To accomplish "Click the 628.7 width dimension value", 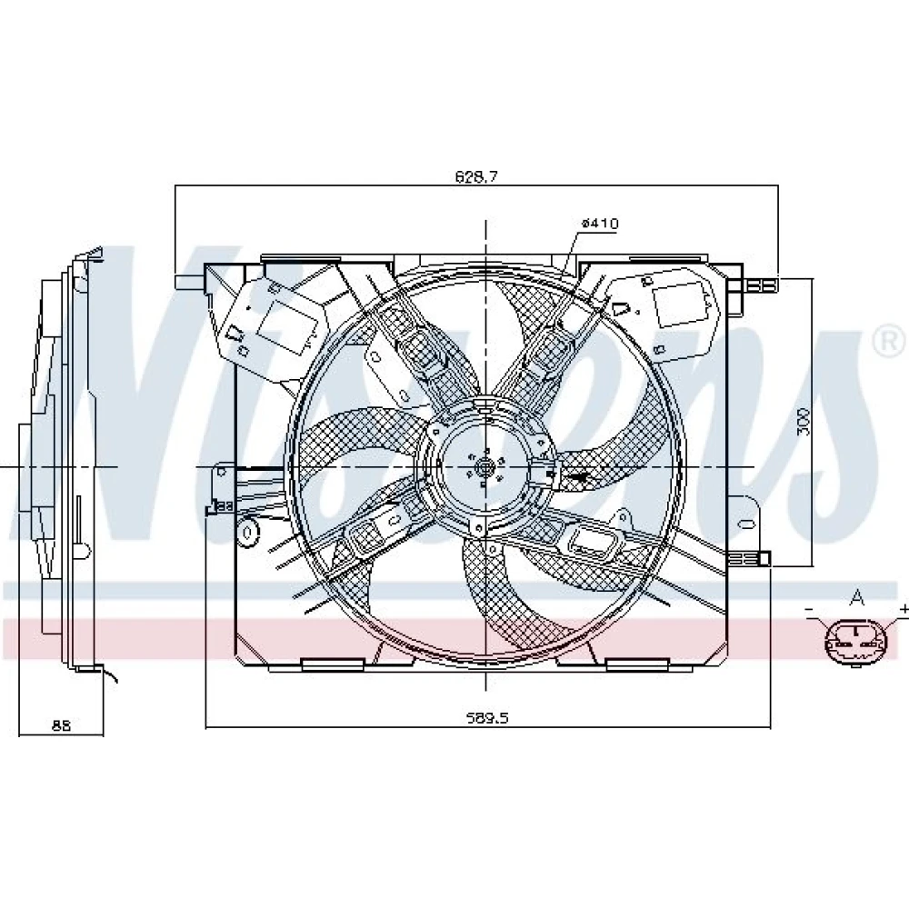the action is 476,176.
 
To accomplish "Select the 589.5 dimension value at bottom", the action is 487,718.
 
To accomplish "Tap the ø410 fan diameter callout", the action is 600,224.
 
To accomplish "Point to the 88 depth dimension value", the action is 61,724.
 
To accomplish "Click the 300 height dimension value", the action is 803,422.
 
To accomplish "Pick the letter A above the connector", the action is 856,597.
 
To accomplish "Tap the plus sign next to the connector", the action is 904,609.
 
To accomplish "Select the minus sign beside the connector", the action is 809,609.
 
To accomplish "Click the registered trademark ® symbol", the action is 890,343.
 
